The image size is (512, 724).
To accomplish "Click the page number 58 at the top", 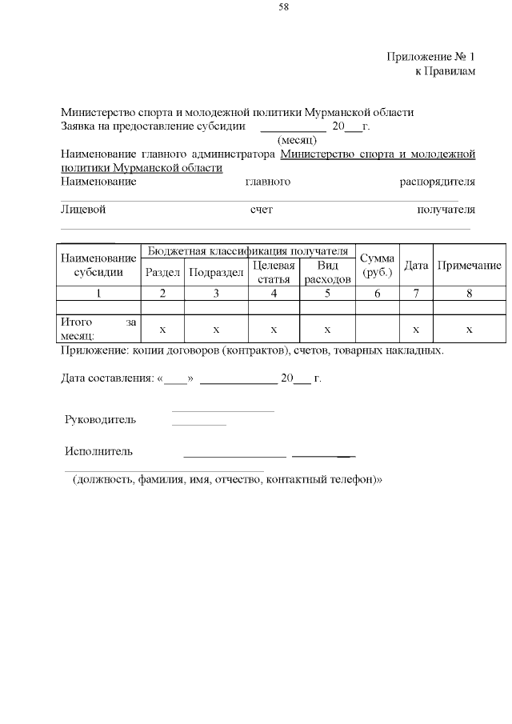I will [284, 7].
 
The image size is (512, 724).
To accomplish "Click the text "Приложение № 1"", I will [431, 58].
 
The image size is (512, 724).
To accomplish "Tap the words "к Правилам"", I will [445, 72].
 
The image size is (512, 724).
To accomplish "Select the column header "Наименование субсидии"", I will [98, 265].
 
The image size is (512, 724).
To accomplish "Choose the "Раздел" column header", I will [162, 272].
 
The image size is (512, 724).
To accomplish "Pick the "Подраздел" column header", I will [216, 272].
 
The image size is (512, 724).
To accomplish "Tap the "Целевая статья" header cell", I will [274, 272].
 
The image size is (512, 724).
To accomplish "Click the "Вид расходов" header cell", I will [327, 272].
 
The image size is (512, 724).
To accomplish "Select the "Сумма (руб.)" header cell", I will [377, 265].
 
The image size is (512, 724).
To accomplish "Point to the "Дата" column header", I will [416, 265].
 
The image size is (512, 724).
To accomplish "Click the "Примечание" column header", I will [470, 265].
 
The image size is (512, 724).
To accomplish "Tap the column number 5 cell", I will [327, 293].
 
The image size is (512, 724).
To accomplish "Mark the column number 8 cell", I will [470, 293].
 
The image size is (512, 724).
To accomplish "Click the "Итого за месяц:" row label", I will [98, 329].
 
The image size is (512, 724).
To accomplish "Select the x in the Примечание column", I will [470, 329].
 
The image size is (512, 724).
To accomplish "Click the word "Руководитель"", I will [100, 419].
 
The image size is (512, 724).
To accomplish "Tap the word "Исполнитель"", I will [98, 451].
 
